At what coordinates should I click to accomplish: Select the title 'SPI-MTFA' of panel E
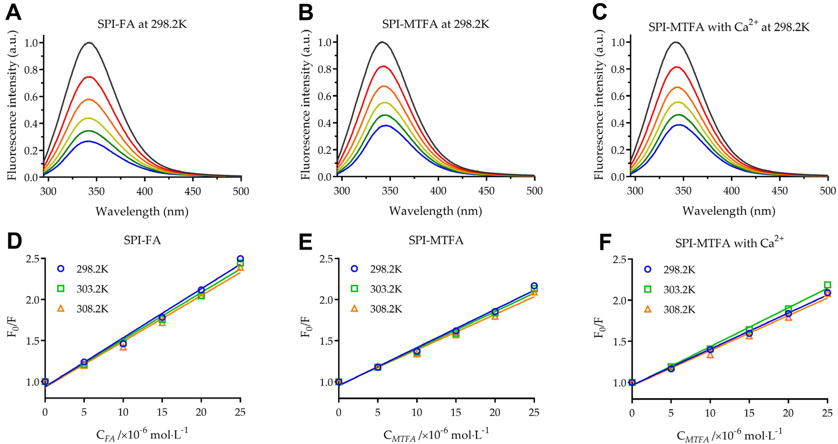pyautogui.click(x=436, y=240)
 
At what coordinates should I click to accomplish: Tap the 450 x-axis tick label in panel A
pyautogui.click(x=193, y=191)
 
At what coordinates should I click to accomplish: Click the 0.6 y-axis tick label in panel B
pyautogui.click(x=325, y=96)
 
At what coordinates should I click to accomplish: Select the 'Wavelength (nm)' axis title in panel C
pyautogui.click(x=729, y=211)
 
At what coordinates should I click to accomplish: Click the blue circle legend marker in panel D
pyautogui.click(x=61, y=269)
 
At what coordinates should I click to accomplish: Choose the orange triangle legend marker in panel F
pyautogui.click(x=648, y=309)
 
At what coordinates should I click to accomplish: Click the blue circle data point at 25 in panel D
pyautogui.click(x=240, y=259)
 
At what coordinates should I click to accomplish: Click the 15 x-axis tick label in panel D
pyautogui.click(x=162, y=412)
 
